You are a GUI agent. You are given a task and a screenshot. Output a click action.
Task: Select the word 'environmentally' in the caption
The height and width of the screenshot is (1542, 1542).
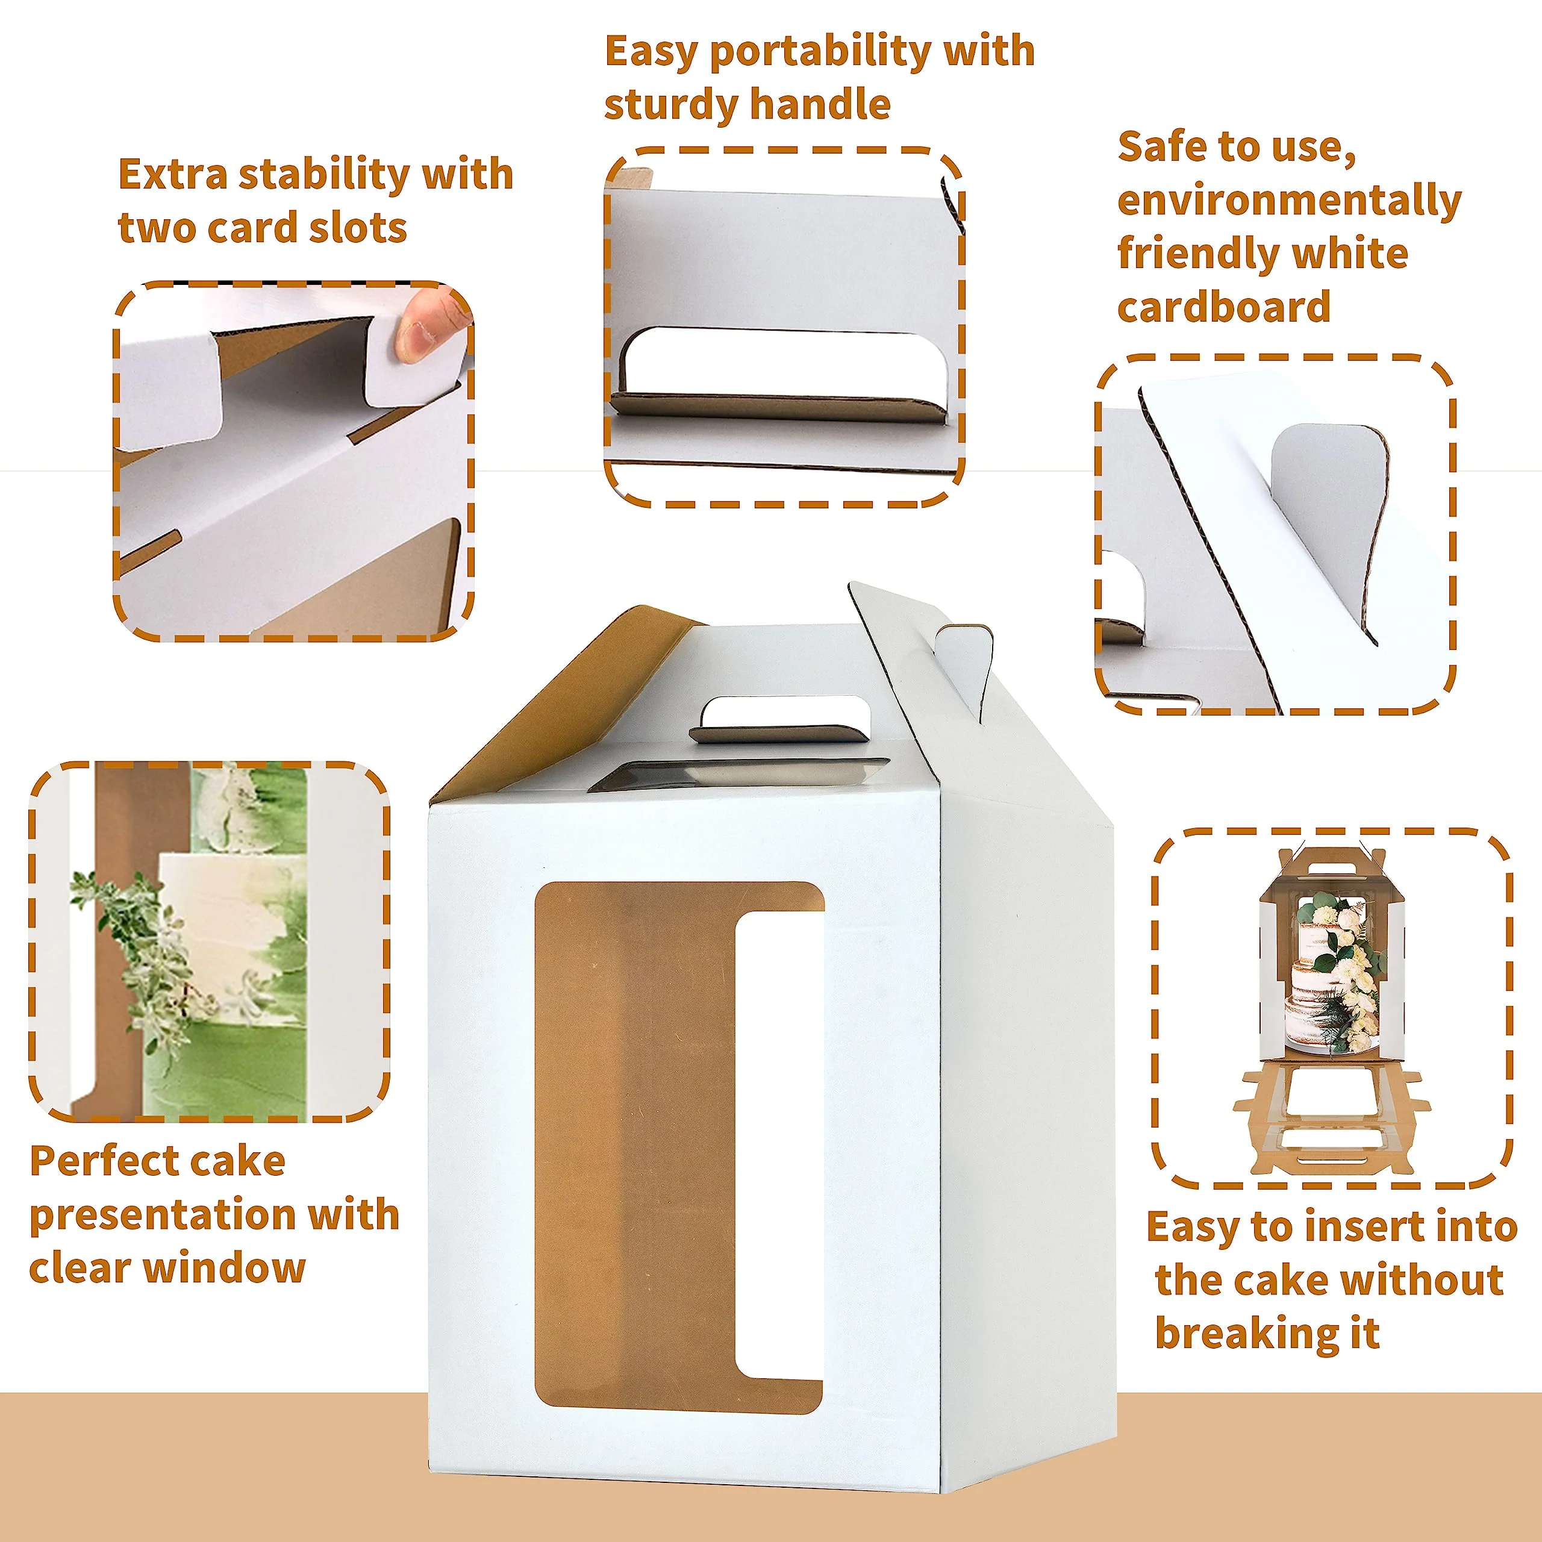pyautogui.click(x=1289, y=201)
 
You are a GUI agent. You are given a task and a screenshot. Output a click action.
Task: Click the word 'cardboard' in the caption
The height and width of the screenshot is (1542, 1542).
pyautogui.click(x=1223, y=307)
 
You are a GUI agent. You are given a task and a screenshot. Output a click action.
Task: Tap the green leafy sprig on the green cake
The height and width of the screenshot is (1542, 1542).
pyautogui.click(x=144, y=958)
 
